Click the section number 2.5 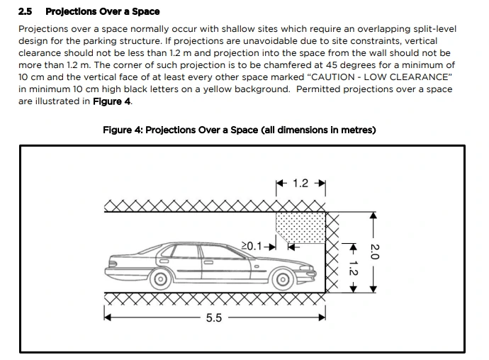point(26,11)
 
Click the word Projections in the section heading point(74,11)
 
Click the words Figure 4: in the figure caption point(123,130)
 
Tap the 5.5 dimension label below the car point(214,317)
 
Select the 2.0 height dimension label point(376,251)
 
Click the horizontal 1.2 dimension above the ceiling point(300,184)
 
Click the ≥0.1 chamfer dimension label point(252,246)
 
